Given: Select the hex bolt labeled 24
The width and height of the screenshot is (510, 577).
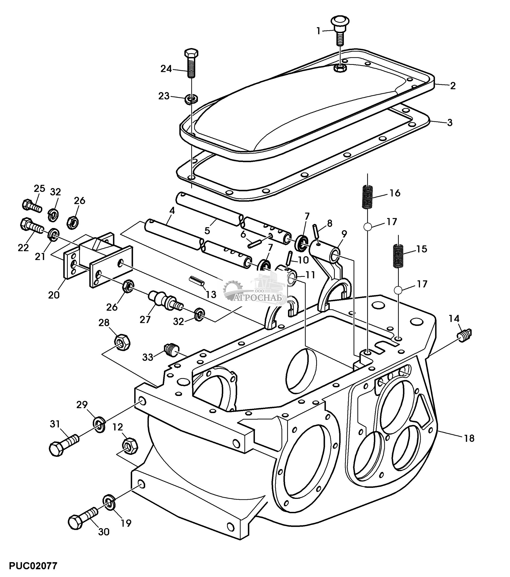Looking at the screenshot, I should click(191, 64).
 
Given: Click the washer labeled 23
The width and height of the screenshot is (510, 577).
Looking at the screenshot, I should click(191, 99).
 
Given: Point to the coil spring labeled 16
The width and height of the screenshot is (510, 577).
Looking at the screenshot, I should click(367, 196).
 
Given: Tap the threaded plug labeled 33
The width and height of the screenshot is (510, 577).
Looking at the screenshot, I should click(170, 349).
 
